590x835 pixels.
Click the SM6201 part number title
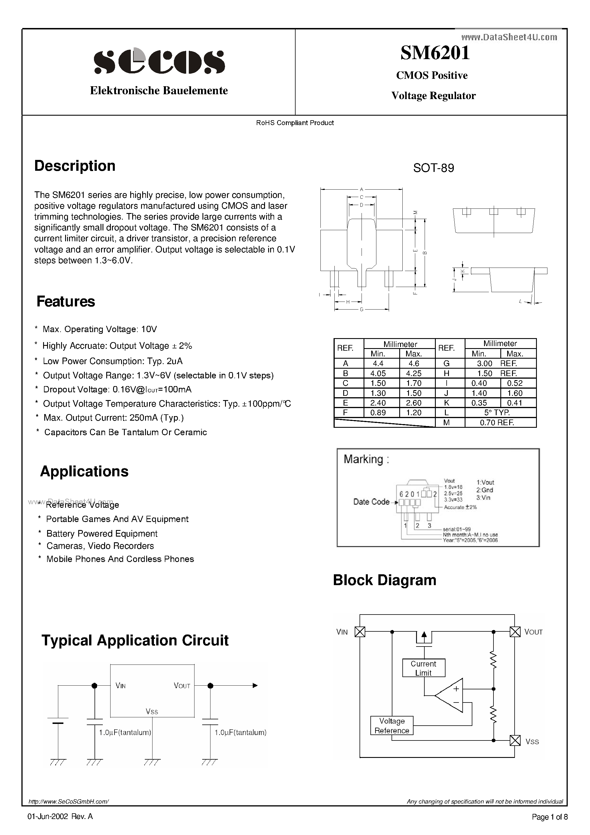pyautogui.click(x=435, y=53)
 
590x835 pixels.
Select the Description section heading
pyautogui.click(x=75, y=166)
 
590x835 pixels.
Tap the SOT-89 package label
pyautogui.click(x=433, y=168)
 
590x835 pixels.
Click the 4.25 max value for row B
pyautogui.click(x=414, y=373)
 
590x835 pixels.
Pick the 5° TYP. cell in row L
pyautogui.click(x=497, y=412)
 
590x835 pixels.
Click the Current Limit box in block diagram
pyautogui.click(x=424, y=668)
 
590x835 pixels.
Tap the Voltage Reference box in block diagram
pyautogui.click(x=392, y=726)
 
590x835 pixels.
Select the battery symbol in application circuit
pyautogui.click(x=58, y=720)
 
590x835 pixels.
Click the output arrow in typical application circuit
pyautogui.click(x=255, y=686)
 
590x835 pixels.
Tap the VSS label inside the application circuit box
pyautogui.click(x=152, y=711)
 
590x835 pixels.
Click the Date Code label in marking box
pyautogui.click(x=371, y=502)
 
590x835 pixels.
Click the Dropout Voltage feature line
pyautogui.click(x=117, y=390)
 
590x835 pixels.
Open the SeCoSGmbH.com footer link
pyautogui.click(x=68, y=801)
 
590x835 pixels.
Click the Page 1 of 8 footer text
pyautogui.click(x=549, y=817)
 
